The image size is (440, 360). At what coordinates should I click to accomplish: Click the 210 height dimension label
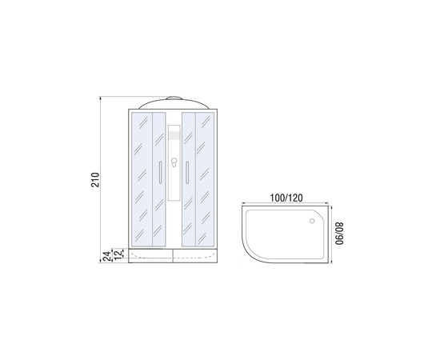95,180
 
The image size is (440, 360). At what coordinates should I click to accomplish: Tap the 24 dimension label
106,257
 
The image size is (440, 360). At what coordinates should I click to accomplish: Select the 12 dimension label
118,254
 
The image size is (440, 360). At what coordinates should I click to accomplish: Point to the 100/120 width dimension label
286,198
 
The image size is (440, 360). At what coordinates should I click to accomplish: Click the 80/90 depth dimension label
339,234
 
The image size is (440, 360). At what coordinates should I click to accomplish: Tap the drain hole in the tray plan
312,221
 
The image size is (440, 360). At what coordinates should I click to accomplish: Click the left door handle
160,172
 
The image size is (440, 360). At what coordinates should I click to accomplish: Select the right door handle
187,172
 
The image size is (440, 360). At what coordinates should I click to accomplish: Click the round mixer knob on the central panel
174,161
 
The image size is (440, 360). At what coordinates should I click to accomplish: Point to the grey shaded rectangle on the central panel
174,135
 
